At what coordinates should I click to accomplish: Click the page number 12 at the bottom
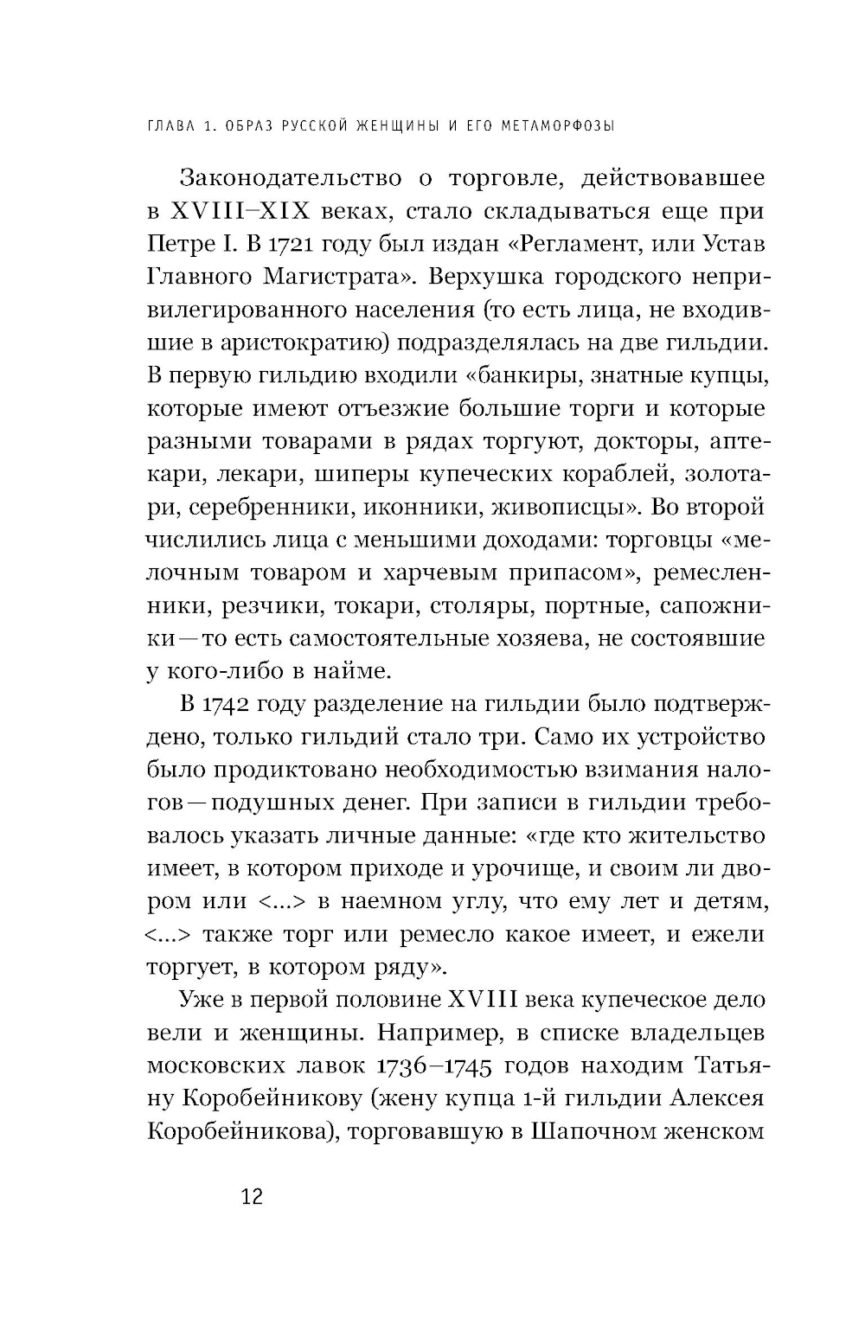tap(252, 1197)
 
